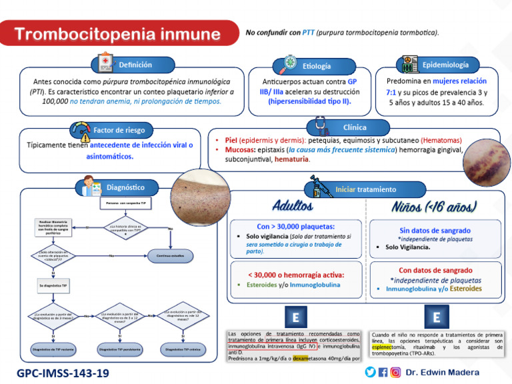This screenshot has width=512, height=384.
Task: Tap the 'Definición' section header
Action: click(135, 65)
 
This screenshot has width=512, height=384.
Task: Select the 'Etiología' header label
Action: click(316, 65)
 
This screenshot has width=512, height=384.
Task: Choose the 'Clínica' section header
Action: click(354, 127)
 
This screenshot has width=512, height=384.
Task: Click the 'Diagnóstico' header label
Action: click(125, 187)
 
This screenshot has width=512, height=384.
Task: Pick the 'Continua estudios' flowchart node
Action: click(170, 255)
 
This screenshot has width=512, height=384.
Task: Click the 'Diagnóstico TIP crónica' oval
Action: click(182, 348)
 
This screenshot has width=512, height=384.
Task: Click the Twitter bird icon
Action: click(370, 372)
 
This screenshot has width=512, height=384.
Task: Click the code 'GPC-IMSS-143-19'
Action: click(63, 373)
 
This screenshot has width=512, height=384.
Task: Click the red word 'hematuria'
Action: click(292, 159)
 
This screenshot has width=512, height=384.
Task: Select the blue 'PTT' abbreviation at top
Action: click(308, 33)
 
